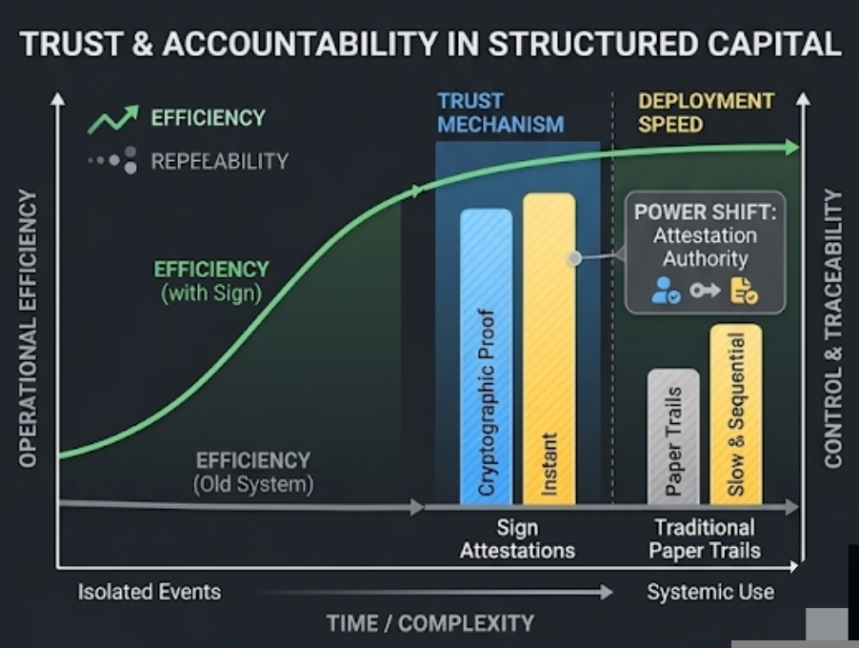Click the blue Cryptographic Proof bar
pyautogui.click(x=486, y=357)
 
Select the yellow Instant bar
pyautogui.click(x=549, y=348)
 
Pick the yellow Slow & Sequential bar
pyautogui.click(x=735, y=415)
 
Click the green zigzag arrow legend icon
pyautogui.click(x=113, y=119)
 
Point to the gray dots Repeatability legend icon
pyautogui.click(x=113, y=160)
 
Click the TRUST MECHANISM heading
pyautogui.click(x=500, y=112)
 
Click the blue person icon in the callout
pyautogui.click(x=665, y=291)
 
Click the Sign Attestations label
pyautogui.click(x=517, y=538)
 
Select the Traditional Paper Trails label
pyautogui.click(x=705, y=538)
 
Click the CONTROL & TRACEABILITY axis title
pyautogui.click(x=833, y=329)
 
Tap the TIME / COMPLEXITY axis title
pyautogui.click(x=429, y=623)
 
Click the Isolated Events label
pyautogui.click(x=149, y=592)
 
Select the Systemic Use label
pyautogui.click(x=710, y=592)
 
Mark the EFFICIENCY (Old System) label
pyautogui.click(x=252, y=472)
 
